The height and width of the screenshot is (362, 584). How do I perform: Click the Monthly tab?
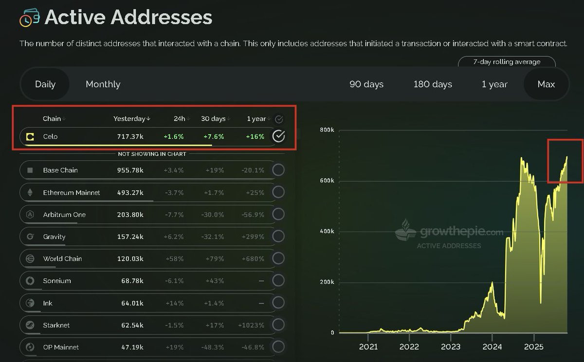pos(103,84)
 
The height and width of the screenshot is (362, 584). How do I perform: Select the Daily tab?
pos(45,84)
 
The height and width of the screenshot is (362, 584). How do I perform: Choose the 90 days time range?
pos(366,84)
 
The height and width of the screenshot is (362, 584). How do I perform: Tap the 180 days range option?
pos(433,84)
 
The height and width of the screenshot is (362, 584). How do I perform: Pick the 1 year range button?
pos(494,84)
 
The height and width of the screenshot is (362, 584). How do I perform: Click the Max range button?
pos(546,84)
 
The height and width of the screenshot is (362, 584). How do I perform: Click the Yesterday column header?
pos(132,119)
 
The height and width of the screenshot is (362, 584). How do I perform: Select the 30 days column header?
pos(213,119)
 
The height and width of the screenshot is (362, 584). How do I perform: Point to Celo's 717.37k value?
pos(130,137)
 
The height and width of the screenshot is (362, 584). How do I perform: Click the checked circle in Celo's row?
pos(278,136)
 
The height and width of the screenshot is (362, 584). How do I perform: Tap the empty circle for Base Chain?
pos(278,170)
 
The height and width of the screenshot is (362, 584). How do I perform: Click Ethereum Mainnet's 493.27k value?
pos(130,193)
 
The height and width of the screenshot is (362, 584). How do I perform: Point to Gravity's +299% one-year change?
pos(253,236)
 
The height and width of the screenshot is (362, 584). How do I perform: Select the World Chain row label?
pos(62,259)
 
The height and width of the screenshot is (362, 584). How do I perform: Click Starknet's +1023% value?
pos(251,325)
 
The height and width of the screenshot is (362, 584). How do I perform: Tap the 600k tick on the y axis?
pos(327,181)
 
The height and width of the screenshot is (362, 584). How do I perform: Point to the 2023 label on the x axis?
pos(451,347)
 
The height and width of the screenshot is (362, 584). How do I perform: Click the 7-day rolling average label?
pos(507,62)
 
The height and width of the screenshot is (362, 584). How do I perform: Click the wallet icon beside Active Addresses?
pos(30,18)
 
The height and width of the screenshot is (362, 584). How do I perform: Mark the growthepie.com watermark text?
pos(461,232)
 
